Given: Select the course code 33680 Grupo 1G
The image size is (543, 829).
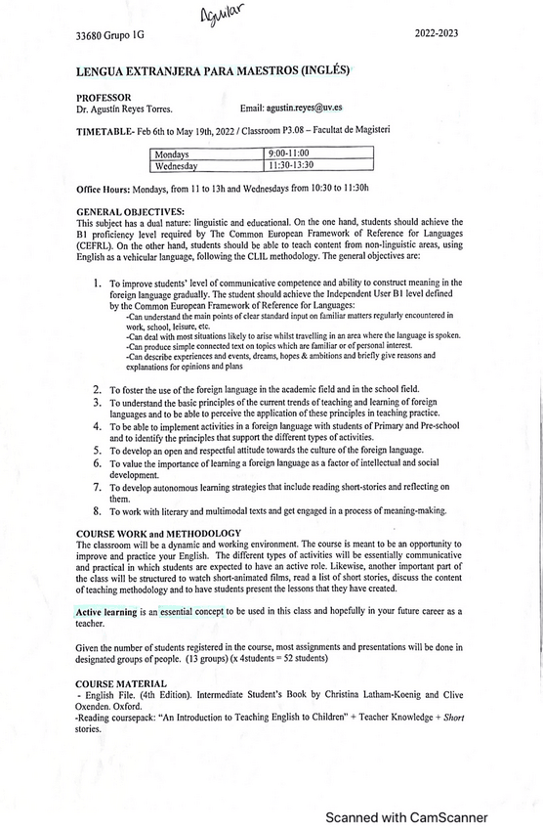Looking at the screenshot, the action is pyautogui.click(x=108, y=37).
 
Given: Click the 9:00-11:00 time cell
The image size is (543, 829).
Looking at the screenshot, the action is pyautogui.click(x=289, y=153).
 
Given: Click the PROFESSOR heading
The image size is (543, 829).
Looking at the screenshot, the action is pyautogui.click(x=104, y=97).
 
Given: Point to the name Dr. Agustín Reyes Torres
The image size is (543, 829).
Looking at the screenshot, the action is pyautogui.click(x=124, y=109).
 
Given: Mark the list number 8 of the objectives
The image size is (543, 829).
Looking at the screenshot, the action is pyautogui.click(x=98, y=510).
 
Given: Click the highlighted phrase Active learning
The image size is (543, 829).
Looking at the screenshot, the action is pyautogui.click(x=106, y=610).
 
